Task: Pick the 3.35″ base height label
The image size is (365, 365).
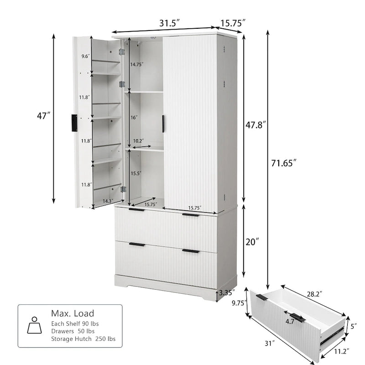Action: pos(227,292)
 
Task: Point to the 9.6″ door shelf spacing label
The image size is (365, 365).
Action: pos(85,56)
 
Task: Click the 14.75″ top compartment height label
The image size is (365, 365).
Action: pos(136,64)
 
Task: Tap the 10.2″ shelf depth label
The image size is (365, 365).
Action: pos(139,141)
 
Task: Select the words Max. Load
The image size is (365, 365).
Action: pos(73,313)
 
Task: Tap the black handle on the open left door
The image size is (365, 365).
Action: pos(74,123)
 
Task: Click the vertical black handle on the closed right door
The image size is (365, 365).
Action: pos(163,124)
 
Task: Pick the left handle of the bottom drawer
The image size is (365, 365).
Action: pos(136,245)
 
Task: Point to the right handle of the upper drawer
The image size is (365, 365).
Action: pos(190,215)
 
